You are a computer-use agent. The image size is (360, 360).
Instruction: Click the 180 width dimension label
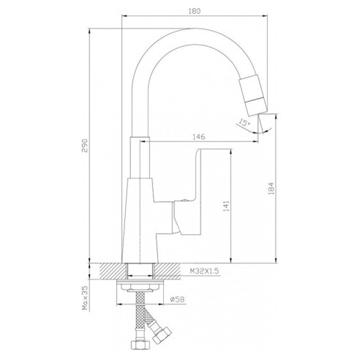pyautogui.click(x=195, y=11)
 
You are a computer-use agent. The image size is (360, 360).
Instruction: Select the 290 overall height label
pyautogui.click(x=84, y=146)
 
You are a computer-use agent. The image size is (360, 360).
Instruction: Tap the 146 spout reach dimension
pyautogui.click(x=199, y=137)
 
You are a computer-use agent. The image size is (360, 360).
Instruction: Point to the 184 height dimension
pyautogui.click(x=271, y=189)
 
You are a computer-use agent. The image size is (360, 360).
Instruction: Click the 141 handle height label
pyautogui.click(x=226, y=206)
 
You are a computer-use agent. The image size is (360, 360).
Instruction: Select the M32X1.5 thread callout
pyautogui.click(x=205, y=271)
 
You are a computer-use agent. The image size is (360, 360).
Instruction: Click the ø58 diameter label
pyautogui.click(x=177, y=299)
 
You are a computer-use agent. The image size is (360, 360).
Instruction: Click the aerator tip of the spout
pyautogui.click(x=257, y=106)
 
